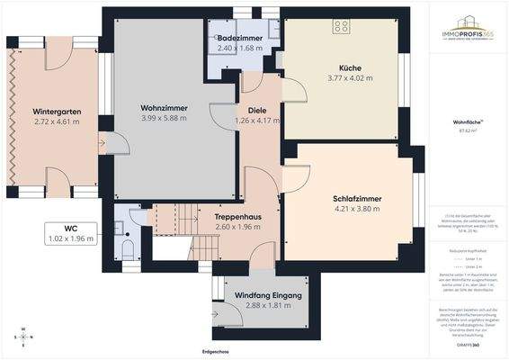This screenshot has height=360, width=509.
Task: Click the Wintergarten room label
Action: pos(57,112)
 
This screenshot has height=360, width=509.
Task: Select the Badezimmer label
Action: pos(239,39)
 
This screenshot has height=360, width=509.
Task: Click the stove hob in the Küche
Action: pos(342,24)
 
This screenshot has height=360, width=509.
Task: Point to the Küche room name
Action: pos(350,68)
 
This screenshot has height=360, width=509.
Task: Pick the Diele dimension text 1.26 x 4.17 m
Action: pos(257,120)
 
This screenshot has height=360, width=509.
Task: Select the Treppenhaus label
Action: pos(237,217)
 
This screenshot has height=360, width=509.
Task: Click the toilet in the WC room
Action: pos(128,247)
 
